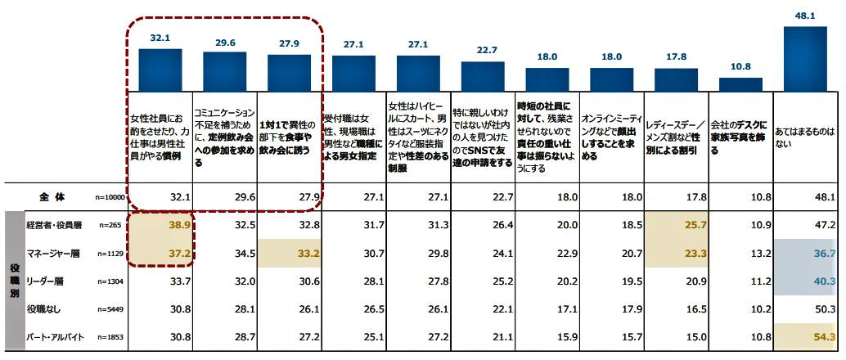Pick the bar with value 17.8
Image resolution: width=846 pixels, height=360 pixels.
tap(677, 79)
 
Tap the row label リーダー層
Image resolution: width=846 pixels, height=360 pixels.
tap(46, 281)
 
